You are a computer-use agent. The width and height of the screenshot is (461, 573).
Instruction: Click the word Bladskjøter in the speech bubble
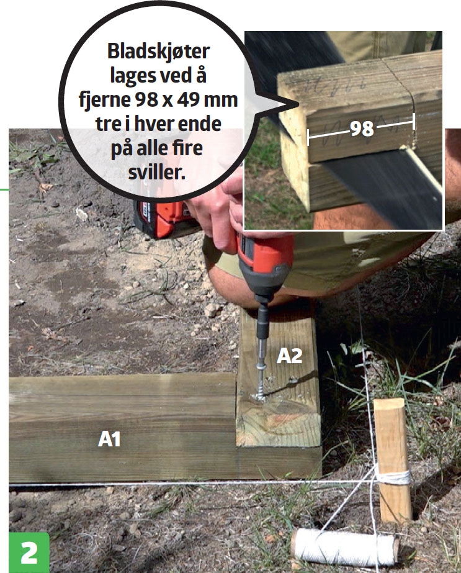[x=158, y=52]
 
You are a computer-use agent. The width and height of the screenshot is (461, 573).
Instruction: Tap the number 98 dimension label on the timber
[x=362, y=129]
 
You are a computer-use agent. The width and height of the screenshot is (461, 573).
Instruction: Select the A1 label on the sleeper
[x=109, y=439]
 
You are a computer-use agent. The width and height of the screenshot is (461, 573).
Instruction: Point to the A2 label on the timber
[x=289, y=356]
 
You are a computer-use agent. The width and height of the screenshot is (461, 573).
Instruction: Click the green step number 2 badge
[x=29, y=552]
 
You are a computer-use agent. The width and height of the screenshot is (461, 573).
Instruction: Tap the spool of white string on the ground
[x=345, y=548]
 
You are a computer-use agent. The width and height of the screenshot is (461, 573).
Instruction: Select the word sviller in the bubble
[x=157, y=173]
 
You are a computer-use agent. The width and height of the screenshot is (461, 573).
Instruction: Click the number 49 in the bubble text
[x=189, y=100]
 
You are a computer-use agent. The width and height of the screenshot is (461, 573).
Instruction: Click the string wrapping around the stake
[x=393, y=477]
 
